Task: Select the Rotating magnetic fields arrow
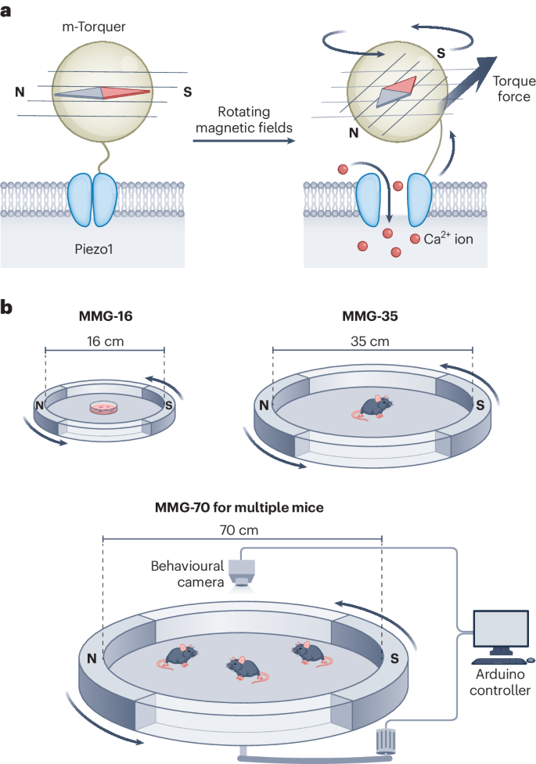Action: [244, 141]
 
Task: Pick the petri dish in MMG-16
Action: [105, 407]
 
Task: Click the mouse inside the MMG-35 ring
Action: [374, 407]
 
